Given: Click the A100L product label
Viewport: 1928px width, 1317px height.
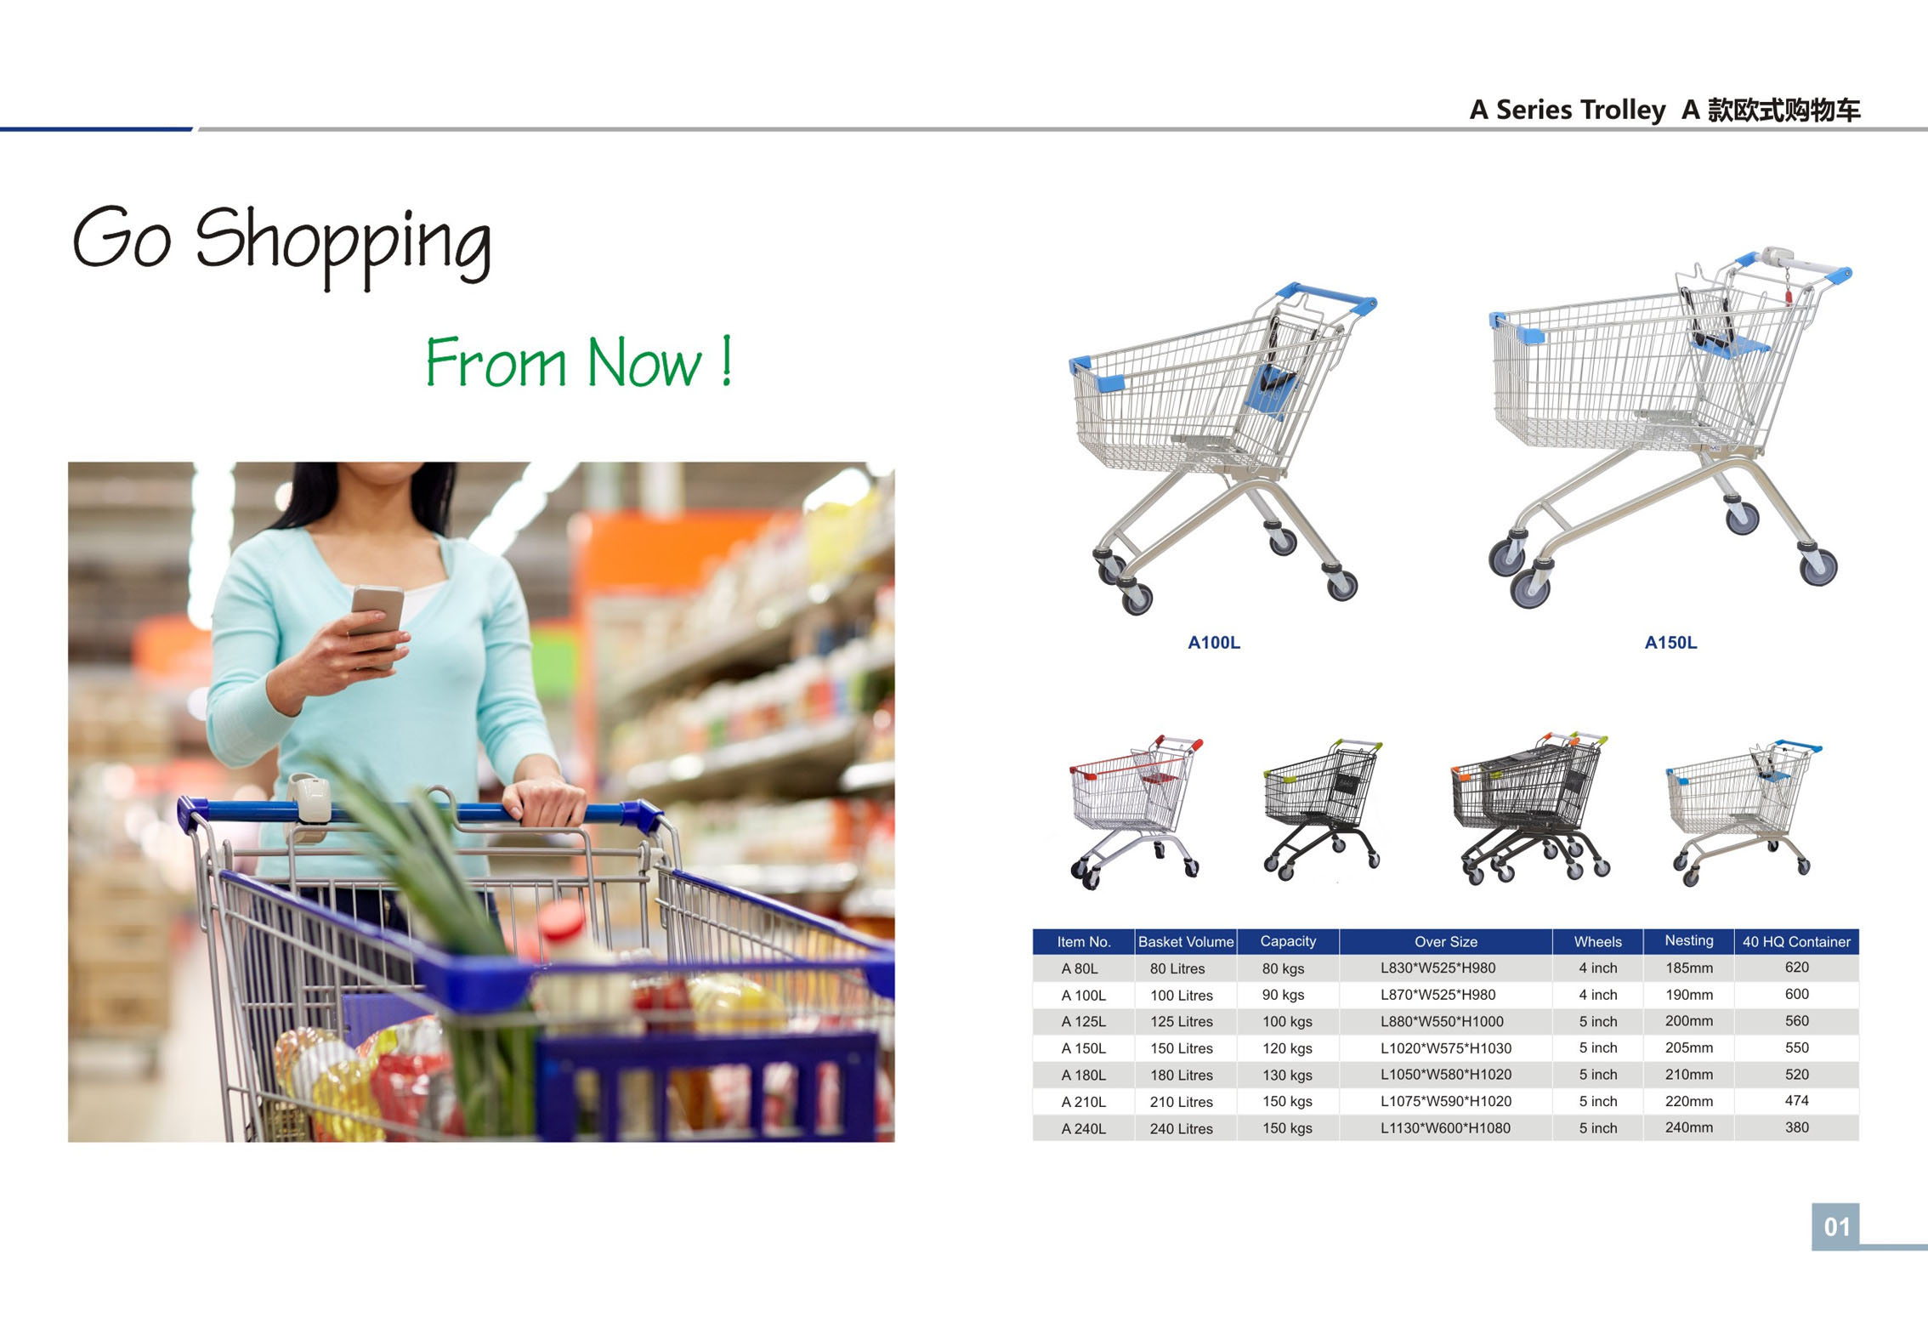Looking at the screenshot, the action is click(x=1213, y=643).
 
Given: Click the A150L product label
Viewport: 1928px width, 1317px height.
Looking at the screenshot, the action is click(x=1670, y=643).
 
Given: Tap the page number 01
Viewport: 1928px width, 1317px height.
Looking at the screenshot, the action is click(x=1836, y=1227).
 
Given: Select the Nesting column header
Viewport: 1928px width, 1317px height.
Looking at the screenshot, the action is click(x=1688, y=940).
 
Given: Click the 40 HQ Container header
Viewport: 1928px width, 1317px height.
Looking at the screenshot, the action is click(x=1796, y=941).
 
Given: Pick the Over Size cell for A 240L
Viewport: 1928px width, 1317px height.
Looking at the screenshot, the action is click(x=1445, y=1128).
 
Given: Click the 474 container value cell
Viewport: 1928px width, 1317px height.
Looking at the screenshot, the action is click(x=1796, y=1100).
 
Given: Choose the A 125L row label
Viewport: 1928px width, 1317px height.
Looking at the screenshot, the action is click(x=1083, y=1021).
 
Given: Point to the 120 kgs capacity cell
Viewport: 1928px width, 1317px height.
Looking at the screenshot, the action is click(x=1287, y=1048).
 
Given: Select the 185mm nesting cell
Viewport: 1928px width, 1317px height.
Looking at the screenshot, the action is click(x=1688, y=968).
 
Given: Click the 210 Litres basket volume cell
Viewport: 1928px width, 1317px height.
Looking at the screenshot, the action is click(x=1181, y=1102).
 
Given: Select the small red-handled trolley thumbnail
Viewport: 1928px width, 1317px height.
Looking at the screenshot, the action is click(x=1136, y=812).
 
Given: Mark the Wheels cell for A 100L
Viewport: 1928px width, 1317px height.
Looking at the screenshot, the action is click(x=1597, y=995).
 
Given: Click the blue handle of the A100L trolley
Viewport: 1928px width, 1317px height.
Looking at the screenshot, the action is click(x=1326, y=297).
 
